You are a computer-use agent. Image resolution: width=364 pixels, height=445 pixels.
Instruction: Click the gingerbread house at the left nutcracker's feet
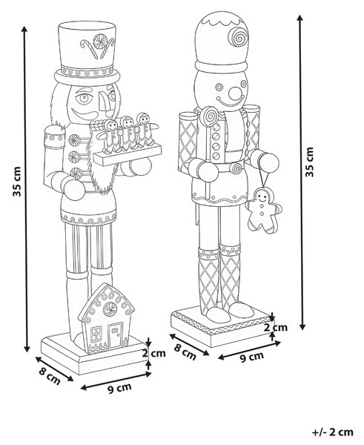tap(107, 318)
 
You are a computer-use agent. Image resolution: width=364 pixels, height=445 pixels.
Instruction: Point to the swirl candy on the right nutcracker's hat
tap(238, 37)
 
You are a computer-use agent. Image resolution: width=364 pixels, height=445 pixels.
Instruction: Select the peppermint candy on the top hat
tap(100, 41)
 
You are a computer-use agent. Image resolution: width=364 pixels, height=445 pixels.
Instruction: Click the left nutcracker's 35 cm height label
tap(17, 182)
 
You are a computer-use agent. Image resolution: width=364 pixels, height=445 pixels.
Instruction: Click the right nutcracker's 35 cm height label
tap(310, 162)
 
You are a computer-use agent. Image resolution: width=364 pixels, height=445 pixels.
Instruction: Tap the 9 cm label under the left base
tap(119, 388)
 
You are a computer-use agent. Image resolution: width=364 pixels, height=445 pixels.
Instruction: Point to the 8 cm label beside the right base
tap(185, 352)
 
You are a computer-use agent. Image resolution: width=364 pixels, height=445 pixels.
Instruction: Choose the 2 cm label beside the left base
tap(153, 353)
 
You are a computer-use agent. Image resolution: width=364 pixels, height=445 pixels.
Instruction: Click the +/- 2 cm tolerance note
tap(333, 432)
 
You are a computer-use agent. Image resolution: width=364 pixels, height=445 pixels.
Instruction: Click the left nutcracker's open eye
tap(84, 98)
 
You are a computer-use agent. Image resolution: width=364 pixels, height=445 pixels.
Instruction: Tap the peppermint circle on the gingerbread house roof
tap(110, 309)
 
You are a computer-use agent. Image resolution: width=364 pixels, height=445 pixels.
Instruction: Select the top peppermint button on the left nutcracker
tap(74, 140)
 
